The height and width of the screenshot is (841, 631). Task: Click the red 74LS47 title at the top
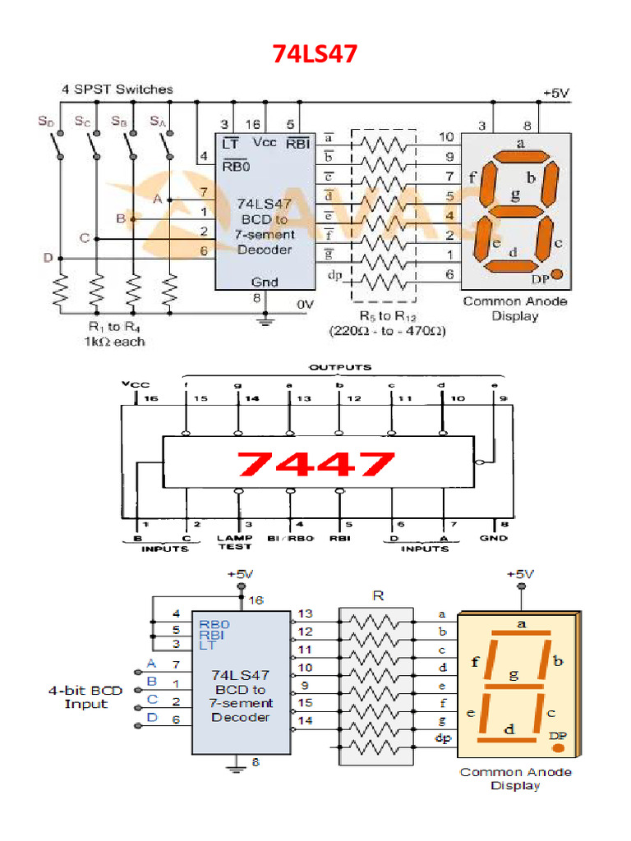(315, 56)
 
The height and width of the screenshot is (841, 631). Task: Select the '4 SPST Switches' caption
(117, 89)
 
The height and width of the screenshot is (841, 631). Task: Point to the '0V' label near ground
(305, 304)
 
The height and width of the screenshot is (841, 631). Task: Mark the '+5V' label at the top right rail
(556, 93)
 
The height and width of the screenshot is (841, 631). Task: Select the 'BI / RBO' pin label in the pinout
(290, 538)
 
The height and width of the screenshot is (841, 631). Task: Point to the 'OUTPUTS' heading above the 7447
(339, 367)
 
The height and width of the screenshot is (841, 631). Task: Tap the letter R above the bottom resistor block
(378, 596)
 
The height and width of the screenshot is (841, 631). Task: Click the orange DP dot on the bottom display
(558, 748)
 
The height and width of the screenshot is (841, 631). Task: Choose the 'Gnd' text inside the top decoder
(265, 282)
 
